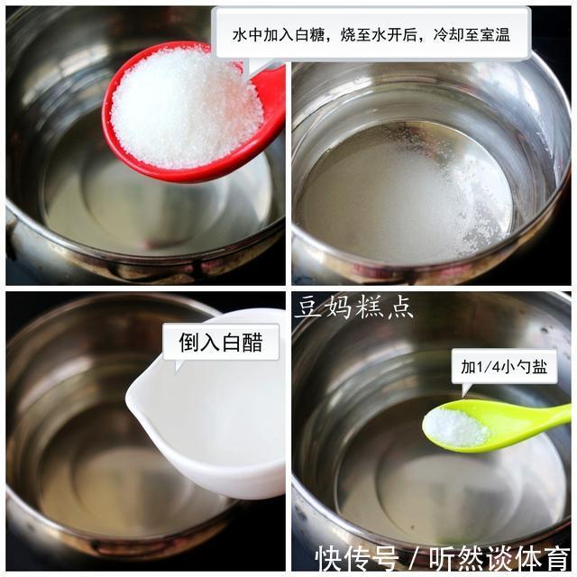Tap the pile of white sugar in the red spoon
(185, 108)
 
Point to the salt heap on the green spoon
(456, 427)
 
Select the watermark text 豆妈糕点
(354, 307)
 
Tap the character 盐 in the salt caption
(547, 368)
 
